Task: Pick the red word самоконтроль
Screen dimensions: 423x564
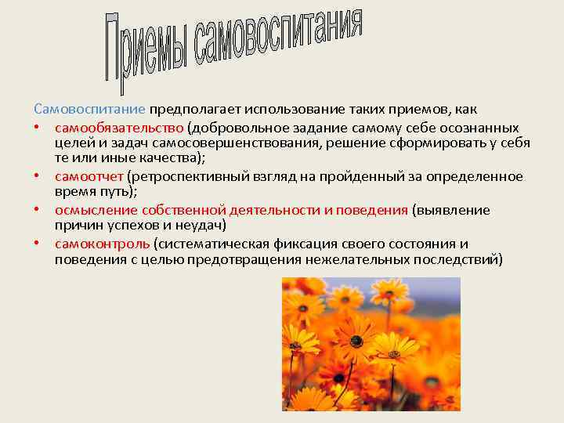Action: pos(102,244)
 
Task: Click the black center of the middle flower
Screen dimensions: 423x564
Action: pos(356,342)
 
